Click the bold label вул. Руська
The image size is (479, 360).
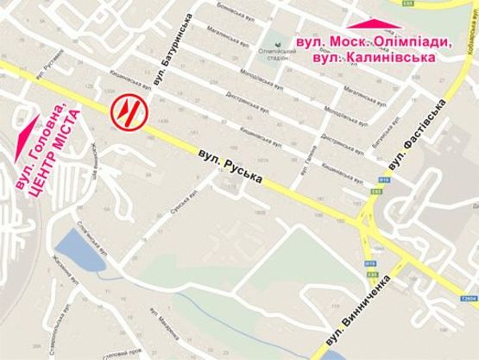click(x=230, y=167)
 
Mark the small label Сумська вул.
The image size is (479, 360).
click(x=184, y=207)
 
